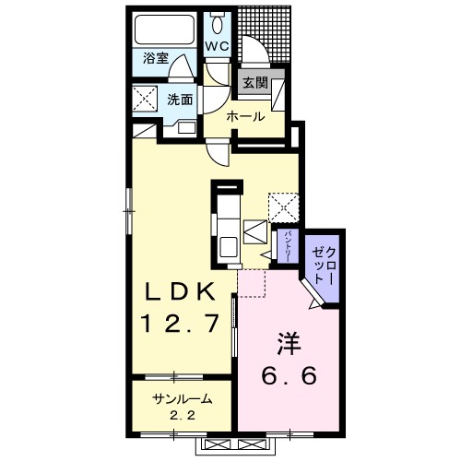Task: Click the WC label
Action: (x=218, y=46)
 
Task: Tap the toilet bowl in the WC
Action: (x=218, y=25)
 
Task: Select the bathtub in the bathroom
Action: (x=165, y=30)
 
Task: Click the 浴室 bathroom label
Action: (x=156, y=58)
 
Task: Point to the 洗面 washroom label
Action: (x=180, y=100)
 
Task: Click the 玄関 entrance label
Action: (x=255, y=82)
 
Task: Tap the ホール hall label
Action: (x=245, y=117)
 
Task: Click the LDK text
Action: (x=180, y=291)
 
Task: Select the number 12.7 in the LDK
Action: (x=180, y=324)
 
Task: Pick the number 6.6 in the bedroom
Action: (x=289, y=375)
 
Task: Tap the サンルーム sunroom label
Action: (x=183, y=399)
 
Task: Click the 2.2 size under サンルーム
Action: (x=182, y=416)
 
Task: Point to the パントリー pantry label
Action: (x=288, y=247)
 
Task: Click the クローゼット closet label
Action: (x=323, y=266)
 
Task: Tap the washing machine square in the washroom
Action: (x=145, y=98)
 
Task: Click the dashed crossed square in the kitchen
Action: (x=284, y=207)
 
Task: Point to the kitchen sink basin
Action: (x=228, y=247)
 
